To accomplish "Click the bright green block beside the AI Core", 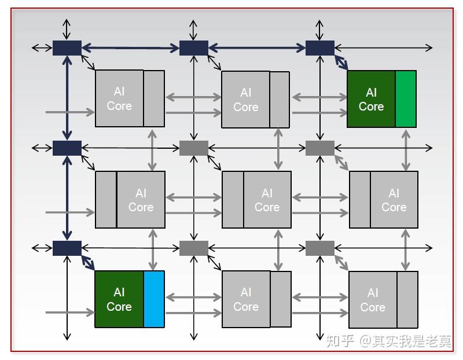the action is (406, 99).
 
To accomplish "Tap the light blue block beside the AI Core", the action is (154, 299).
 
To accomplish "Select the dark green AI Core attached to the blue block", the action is (119, 299).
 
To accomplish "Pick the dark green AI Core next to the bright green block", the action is (371, 99).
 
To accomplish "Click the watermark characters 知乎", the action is (340, 341).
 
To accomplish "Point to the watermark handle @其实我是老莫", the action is (406, 341).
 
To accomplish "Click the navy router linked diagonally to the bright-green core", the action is (320, 48).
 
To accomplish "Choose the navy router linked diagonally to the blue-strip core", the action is (67, 248).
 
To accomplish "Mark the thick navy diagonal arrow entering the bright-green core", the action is (341, 63).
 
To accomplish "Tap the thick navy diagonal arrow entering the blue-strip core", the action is (88, 263).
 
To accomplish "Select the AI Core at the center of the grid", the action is (256, 200).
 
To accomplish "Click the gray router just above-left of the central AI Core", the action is (194, 148).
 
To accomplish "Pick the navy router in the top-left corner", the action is (67, 48).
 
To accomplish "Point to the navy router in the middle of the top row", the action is (194, 48).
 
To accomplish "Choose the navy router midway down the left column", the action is (67, 148).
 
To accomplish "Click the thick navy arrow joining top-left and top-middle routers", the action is (131, 48).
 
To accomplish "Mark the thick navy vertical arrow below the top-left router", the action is (67, 98).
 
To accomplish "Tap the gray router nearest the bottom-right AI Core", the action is (320, 248).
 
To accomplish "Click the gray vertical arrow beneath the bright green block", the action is (406, 150).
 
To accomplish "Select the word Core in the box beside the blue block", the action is (119, 307).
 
